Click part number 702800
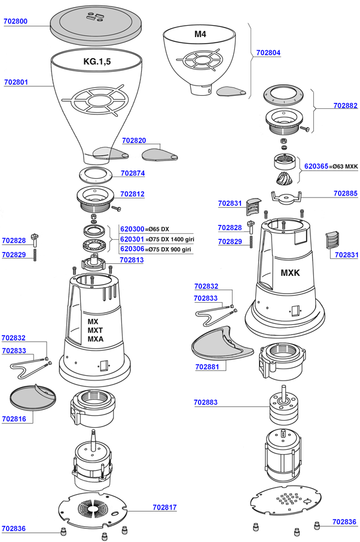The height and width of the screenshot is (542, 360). pyautogui.click(x=16, y=21)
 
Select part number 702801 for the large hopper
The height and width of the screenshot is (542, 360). pyautogui.click(x=16, y=81)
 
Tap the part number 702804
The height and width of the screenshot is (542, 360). pyautogui.click(x=269, y=53)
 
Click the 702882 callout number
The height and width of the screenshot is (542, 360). pyautogui.click(x=346, y=105)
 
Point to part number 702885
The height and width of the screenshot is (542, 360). pyautogui.click(x=346, y=193)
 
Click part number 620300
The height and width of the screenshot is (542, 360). pyautogui.click(x=132, y=229)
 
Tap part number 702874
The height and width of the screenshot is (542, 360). pyautogui.click(x=133, y=173)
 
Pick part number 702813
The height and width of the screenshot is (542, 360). pyautogui.click(x=132, y=260)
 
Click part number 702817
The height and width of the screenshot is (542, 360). pyautogui.click(x=164, y=507)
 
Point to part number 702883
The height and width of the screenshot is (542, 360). pyautogui.click(x=206, y=403)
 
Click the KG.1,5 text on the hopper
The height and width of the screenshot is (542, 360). pyautogui.click(x=97, y=62)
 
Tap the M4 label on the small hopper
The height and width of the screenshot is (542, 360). pyautogui.click(x=200, y=34)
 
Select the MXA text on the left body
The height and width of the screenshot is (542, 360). pyautogui.click(x=96, y=339)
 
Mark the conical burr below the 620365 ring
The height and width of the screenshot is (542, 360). pyautogui.click(x=285, y=179)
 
